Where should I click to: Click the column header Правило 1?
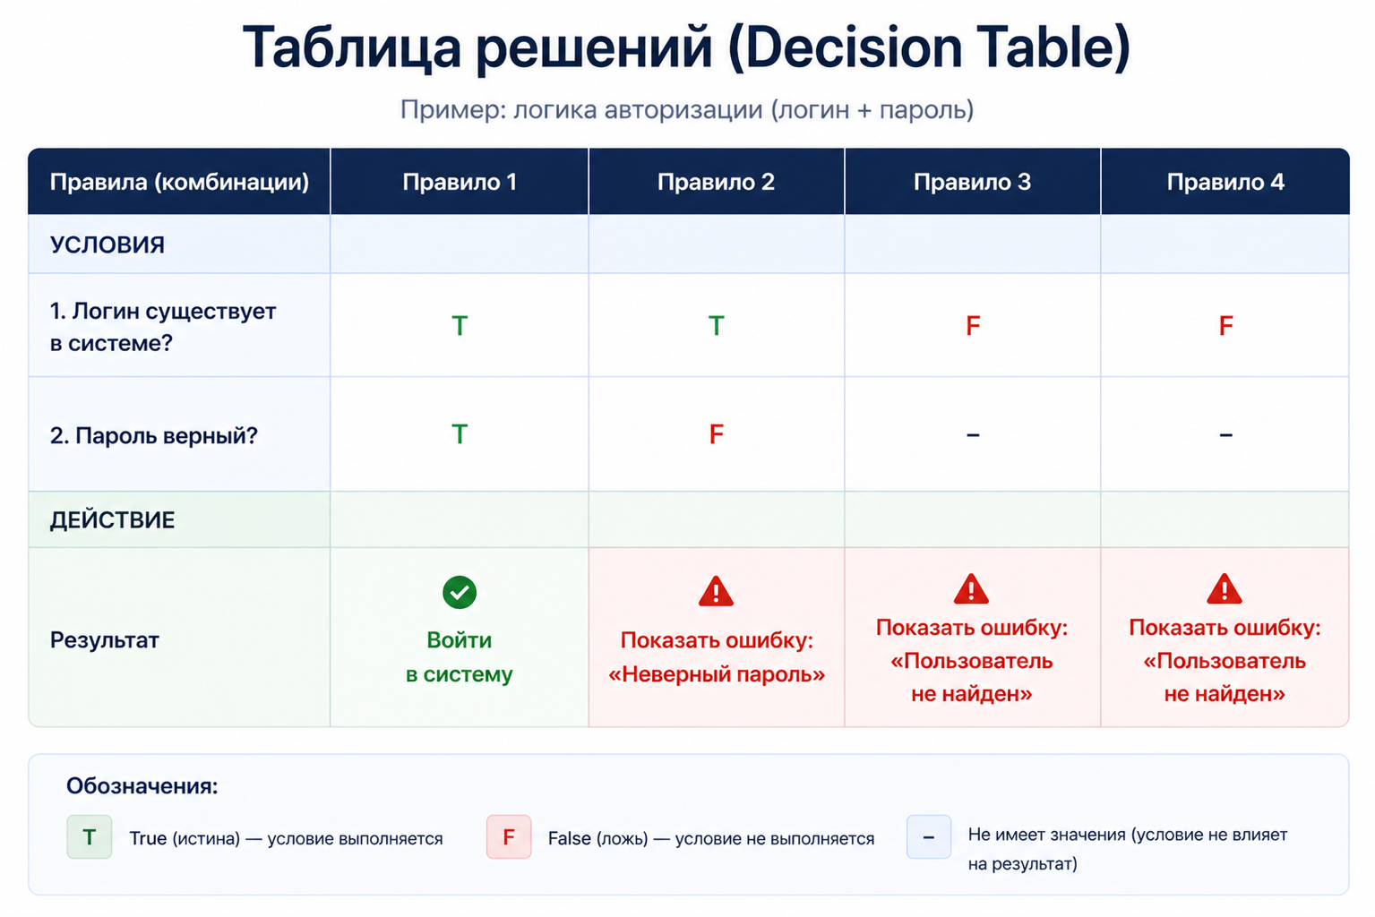pyautogui.click(x=460, y=182)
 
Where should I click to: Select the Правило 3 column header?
pyautogui.click(x=972, y=182)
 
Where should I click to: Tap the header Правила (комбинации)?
pyautogui.click(x=179, y=182)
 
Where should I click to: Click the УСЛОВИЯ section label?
pyautogui.click(x=107, y=244)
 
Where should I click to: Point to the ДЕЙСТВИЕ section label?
pyautogui.click(x=112, y=520)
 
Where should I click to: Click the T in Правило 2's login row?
pyautogui.click(x=716, y=326)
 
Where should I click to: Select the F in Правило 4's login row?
pyautogui.click(x=1225, y=326)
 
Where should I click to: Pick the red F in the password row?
pyautogui.click(x=716, y=434)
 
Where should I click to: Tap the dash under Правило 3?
pyautogui.click(x=973, y=435)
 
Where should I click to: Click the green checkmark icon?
pyautogui.click(x=460, y=592)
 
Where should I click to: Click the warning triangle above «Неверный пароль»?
pyautogui.click(x=716, y=592)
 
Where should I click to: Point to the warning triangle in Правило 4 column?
pyautogui.click(x=1225, y=589)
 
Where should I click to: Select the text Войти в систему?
pyautogui.click(x=460, y=657)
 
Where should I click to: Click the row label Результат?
pyautogui.click(x=105, y=640)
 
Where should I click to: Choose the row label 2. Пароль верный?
pyautogui.click(x=153, y=436)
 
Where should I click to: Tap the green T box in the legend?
pyautogui.click(x=90, y=837)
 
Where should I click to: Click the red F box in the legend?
pyautogui.click(x=509, y=837)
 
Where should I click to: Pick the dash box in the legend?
pyautogui.click(x=929, y=837)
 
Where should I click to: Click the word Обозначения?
pyautogui.click(x=142, y=786)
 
